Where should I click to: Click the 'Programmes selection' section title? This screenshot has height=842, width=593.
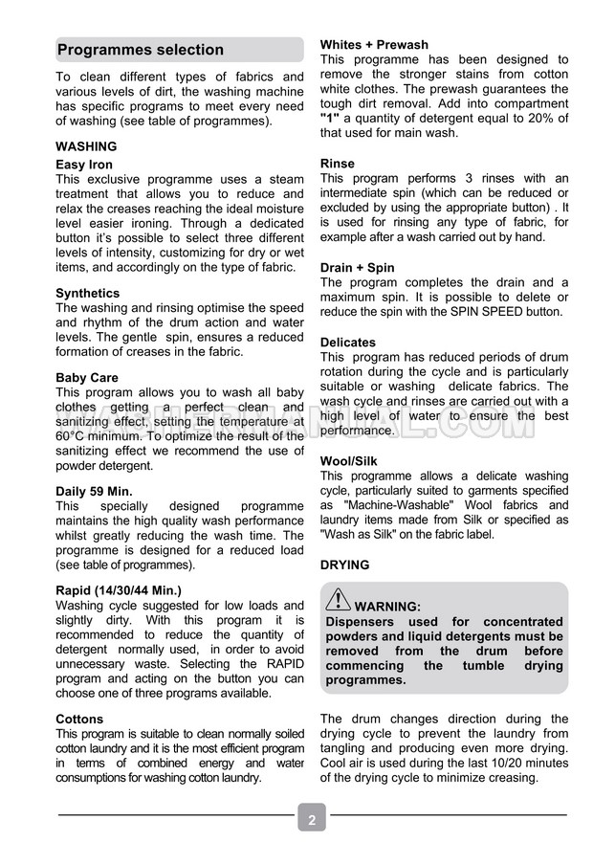pyautogui.click(x=140, y=50)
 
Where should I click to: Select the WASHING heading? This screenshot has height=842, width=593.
pyautogui.click(x=86, y=146)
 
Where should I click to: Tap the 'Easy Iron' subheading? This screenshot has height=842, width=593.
pyautogui.click(x=84, y=165)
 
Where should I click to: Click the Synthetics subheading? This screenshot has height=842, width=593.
pyautogui.click(x=88, y=293)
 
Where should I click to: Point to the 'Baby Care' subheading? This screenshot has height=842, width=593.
pyautogui.click(x=87, y=378)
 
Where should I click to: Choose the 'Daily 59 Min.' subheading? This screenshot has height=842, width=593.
pyautogui.click(x=94, y=491)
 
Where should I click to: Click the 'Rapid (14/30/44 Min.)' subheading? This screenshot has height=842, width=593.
pyautogui.click(x=119, y=590)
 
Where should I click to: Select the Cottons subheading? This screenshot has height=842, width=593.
pyautogui.click(x=79, y=719)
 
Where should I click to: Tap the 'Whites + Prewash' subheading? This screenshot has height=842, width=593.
pyautogui.click(x=374, y=45)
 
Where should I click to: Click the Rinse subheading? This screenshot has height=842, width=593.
pyautogui.click(x=338, y=164)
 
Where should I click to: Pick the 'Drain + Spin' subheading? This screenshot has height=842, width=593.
pyautogui.click(x=357, y=268)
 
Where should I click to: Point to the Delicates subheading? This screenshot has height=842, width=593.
pyautogui.click(x=348, y=342)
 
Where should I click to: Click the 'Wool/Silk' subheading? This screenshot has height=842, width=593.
pyautogui.click(x=349, y=461)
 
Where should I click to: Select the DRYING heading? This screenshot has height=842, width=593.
pyautogui.click(x=344, y=565)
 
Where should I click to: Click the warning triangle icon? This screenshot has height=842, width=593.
pyautogui.click(x=338, y=601)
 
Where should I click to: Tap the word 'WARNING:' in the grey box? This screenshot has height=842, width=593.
pyautogui.click(x=387, y=607)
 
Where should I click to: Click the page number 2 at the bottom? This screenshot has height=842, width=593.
pyautogui.click(x=312, y=819)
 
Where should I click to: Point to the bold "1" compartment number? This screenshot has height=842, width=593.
pyautogui.click(x=330, y=118)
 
